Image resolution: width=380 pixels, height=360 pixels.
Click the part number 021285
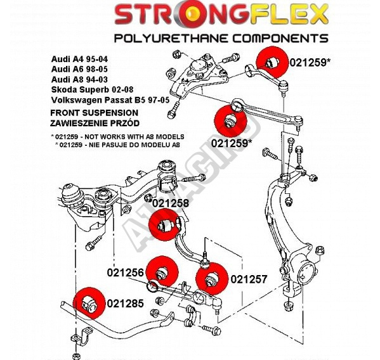[x=126, y=304]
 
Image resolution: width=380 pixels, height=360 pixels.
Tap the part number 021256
[x=126, y=273]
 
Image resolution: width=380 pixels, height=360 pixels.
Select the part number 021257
[x=249, y=279]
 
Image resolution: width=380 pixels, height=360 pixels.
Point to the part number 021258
[x=171, y=203]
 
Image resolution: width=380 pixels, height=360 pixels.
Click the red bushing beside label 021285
[x=89, y=302]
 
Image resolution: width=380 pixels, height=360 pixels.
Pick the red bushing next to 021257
[x=212, y=278]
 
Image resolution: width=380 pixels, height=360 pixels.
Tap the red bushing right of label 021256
[x=163, y=271]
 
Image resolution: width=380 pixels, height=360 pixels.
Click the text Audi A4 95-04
[x=79, y=60]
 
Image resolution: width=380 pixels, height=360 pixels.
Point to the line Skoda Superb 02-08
[x=92, y=89]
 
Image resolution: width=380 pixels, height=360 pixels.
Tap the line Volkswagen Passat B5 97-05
[x=110, y=100]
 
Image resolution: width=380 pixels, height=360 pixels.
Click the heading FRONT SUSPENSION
[x=95, y=113]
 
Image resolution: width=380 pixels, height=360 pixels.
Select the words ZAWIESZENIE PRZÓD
[x=95, y=123]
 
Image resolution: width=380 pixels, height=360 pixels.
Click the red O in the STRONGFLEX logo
[x=192, y=15]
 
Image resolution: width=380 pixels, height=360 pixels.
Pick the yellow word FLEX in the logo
[x=290, y=15]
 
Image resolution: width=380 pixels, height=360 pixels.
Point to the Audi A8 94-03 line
[x=79, y=79]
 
